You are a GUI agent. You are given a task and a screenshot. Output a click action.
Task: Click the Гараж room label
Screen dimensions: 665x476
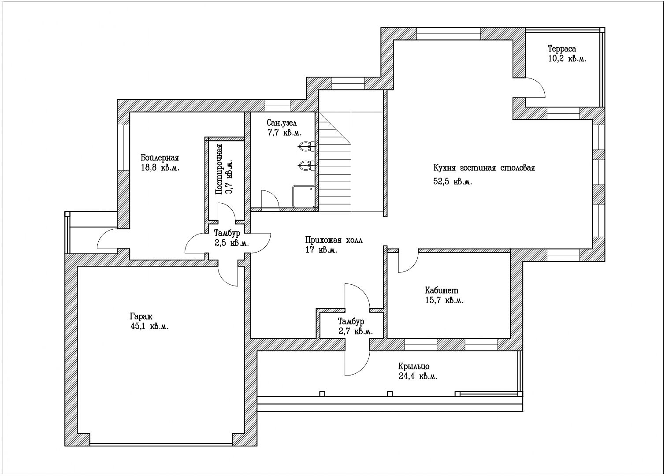[x=141, y=316]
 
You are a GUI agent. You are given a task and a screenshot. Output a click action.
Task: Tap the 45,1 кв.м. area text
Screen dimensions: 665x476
[x=149, y=327]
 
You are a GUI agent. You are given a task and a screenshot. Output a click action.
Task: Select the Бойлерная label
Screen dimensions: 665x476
[x=160, y=157]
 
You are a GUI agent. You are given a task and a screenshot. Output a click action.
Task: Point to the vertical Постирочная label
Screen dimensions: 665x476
[x=219, y=169]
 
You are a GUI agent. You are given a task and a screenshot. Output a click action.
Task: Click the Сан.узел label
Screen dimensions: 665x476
[x=282, y=123]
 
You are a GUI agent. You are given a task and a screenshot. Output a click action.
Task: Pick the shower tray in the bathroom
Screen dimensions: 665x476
[x=303, y=197]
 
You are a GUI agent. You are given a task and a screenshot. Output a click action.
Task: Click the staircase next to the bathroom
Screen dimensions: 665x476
[x=351, y=162]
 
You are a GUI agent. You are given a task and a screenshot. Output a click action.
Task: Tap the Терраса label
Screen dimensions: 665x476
[x=562, y=48]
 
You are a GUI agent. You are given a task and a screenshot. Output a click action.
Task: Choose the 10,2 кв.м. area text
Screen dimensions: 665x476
[x=567, y=59]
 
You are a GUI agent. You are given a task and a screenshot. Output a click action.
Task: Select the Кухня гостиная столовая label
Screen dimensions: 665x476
[x=484, y=168]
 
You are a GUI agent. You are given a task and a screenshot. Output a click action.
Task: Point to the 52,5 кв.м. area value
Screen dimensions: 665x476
[x=453, y=182]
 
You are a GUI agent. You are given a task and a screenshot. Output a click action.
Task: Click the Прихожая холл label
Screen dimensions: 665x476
[x=334, y=240]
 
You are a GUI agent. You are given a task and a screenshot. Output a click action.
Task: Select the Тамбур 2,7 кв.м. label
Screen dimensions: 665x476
[x=355, y=326]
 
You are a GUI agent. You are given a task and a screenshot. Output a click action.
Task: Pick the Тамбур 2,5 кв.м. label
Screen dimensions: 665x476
[x=231, y=238]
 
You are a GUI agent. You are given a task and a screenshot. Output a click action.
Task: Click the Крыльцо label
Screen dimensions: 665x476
[x=414, y=366]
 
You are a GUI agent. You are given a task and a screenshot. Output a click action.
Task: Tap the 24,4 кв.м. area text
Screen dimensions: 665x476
[x=418, y=376]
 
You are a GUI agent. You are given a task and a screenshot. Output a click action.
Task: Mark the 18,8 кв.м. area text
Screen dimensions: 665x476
[x=160, y=168]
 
